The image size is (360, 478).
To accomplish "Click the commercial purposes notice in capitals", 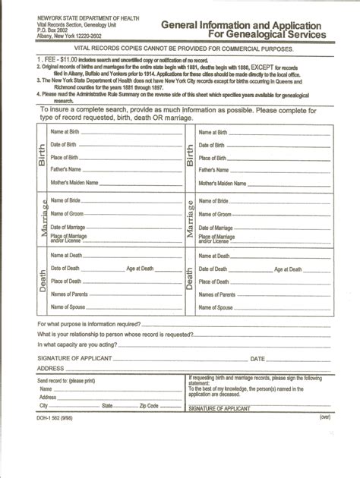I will point(180,49).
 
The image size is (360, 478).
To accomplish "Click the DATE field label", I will point(258,358).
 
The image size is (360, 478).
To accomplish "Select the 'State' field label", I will point(107,406).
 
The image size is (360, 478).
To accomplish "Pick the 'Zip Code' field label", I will point(148,406).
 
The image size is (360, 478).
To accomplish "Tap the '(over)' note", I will point(325,417).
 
